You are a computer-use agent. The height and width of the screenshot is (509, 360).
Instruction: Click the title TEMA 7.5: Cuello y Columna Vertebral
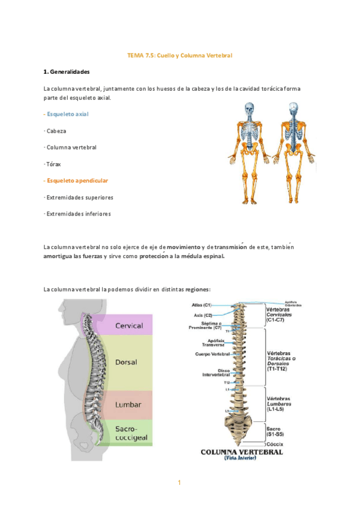click(179, 55)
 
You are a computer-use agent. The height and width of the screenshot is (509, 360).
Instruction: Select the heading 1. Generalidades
click(67, 72)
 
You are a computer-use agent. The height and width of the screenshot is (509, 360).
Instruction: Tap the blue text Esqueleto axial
click(67, 113)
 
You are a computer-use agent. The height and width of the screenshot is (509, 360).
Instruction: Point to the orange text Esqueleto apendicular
click(76, 180)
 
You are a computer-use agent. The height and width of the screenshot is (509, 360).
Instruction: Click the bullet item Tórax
click(53, 163)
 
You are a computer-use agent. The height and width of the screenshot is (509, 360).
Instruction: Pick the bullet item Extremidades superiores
click(79, 197)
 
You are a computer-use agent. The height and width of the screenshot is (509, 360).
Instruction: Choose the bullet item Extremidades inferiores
click(78, 214)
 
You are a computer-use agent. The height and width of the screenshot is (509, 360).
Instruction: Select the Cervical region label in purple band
click(128, 326)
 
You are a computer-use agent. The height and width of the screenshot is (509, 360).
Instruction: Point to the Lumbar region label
click(127, 404)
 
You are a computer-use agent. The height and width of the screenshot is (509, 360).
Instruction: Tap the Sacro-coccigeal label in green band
click(127, 433)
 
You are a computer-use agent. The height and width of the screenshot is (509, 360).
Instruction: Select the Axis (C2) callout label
click(203, 315)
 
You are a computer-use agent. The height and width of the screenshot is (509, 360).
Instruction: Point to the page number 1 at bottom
click(179, 483)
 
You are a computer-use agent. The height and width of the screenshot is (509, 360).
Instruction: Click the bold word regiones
click(198, 289)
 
